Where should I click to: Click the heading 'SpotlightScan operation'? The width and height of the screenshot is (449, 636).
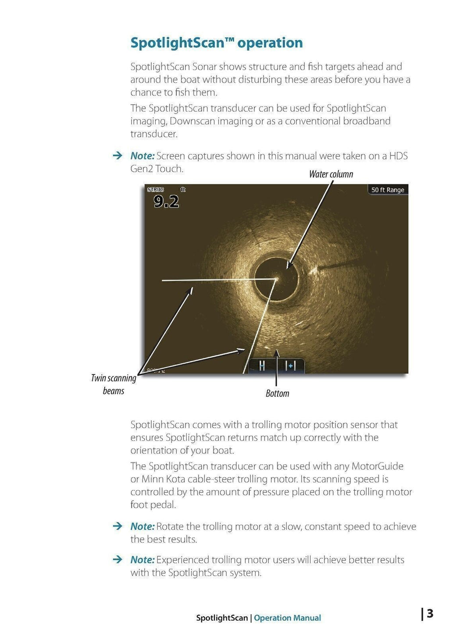coord(217,43)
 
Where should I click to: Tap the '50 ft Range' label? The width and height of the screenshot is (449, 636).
coord(388,190)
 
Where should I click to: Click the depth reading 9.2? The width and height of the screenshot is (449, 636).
coord(166,201)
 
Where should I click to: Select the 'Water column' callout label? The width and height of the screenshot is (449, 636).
coord(331,174)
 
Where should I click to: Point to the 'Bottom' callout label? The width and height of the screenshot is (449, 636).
coord(277,393)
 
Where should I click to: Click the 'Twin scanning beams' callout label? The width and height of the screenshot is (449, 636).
coord(114,384)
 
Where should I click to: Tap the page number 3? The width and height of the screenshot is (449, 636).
coord(430,614)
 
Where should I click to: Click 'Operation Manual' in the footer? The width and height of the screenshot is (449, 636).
coord(287,618)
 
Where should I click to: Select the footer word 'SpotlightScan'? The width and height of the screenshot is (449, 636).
coord(222,618)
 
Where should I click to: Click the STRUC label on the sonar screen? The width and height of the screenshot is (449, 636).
coord(156,190)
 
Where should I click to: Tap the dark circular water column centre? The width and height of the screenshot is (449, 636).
coord(276,279)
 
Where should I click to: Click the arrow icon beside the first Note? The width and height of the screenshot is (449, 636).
coord(117,155)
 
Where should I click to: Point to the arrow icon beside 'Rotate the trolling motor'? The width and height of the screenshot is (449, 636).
coord(117,526)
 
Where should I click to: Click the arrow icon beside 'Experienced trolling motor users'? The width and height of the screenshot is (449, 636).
coord(117,559)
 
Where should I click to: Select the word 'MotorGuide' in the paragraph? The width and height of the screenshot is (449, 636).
coord(378,466)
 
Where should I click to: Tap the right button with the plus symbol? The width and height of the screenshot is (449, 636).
coord(290,366)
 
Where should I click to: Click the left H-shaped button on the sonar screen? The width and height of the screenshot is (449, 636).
coord(262,366)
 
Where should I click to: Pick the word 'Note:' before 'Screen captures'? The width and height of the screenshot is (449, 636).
coord(143,156)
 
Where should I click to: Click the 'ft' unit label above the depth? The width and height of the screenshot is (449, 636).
coord(183,190)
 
